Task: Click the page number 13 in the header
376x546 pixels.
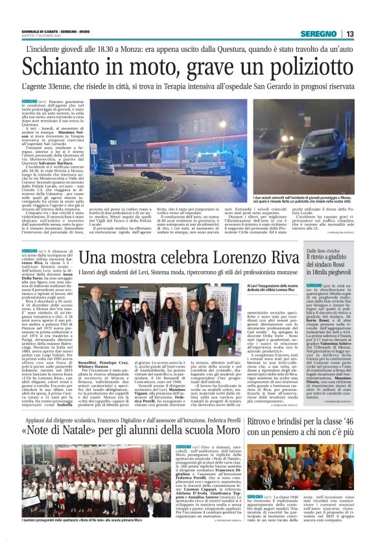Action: (x=349, y=34)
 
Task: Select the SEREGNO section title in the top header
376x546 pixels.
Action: (x=320, y=34)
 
